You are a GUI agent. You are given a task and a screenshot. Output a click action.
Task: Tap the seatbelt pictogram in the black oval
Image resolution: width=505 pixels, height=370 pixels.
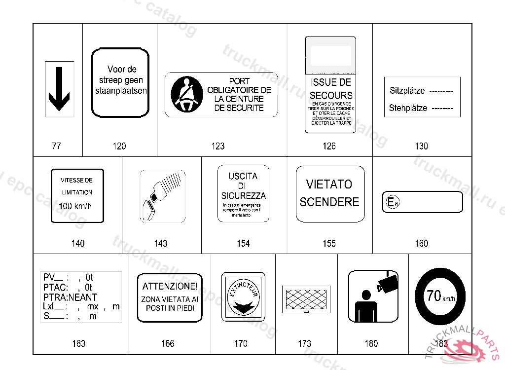pyautogui.click(x=186, y=94)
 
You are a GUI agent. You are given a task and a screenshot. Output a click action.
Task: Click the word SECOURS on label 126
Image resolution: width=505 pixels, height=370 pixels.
pyautogui.click(x=331, y=95)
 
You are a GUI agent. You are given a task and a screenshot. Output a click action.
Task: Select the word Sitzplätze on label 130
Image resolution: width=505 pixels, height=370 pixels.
pyautogui.click(x=407, y=91)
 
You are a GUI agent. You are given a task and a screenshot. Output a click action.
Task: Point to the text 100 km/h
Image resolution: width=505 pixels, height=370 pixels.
pyautogui.click(x=75, y=206)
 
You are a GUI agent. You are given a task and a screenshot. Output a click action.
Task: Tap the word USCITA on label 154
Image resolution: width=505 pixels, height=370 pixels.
pyautogui.click(x=243, y=176)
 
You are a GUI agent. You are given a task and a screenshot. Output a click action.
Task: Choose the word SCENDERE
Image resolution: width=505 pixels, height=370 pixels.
pyautogui.click(x=329, y=202)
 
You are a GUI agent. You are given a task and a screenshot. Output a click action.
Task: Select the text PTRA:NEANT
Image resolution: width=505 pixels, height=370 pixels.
pyautogui.click(x=70, y=297)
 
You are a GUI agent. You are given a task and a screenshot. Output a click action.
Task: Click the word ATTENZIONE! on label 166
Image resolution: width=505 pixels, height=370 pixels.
pyautogui.click(x=170, y=286)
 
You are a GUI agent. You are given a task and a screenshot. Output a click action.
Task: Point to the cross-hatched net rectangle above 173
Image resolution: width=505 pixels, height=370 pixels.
pyautogui.click(x=306, y=298)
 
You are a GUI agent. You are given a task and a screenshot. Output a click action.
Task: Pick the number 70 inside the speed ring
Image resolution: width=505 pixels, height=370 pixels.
pyautogui.click(x=434, y=296)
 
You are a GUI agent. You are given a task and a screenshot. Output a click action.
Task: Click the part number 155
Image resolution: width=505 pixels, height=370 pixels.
pyautogui.click(x=329, y=243)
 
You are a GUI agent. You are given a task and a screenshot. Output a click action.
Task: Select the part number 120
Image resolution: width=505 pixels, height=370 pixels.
pyautogui.click(x=119, y=146)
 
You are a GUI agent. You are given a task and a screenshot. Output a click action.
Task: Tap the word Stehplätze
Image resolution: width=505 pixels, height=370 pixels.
pyautogui.click(x=408, y=108)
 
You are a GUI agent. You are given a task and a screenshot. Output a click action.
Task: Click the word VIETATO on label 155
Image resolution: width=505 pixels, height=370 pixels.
pyautogui.click(x=329, y=185)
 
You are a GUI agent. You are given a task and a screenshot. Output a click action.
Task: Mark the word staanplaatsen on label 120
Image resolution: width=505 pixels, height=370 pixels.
pyautogui.click(x=121, y=91)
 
